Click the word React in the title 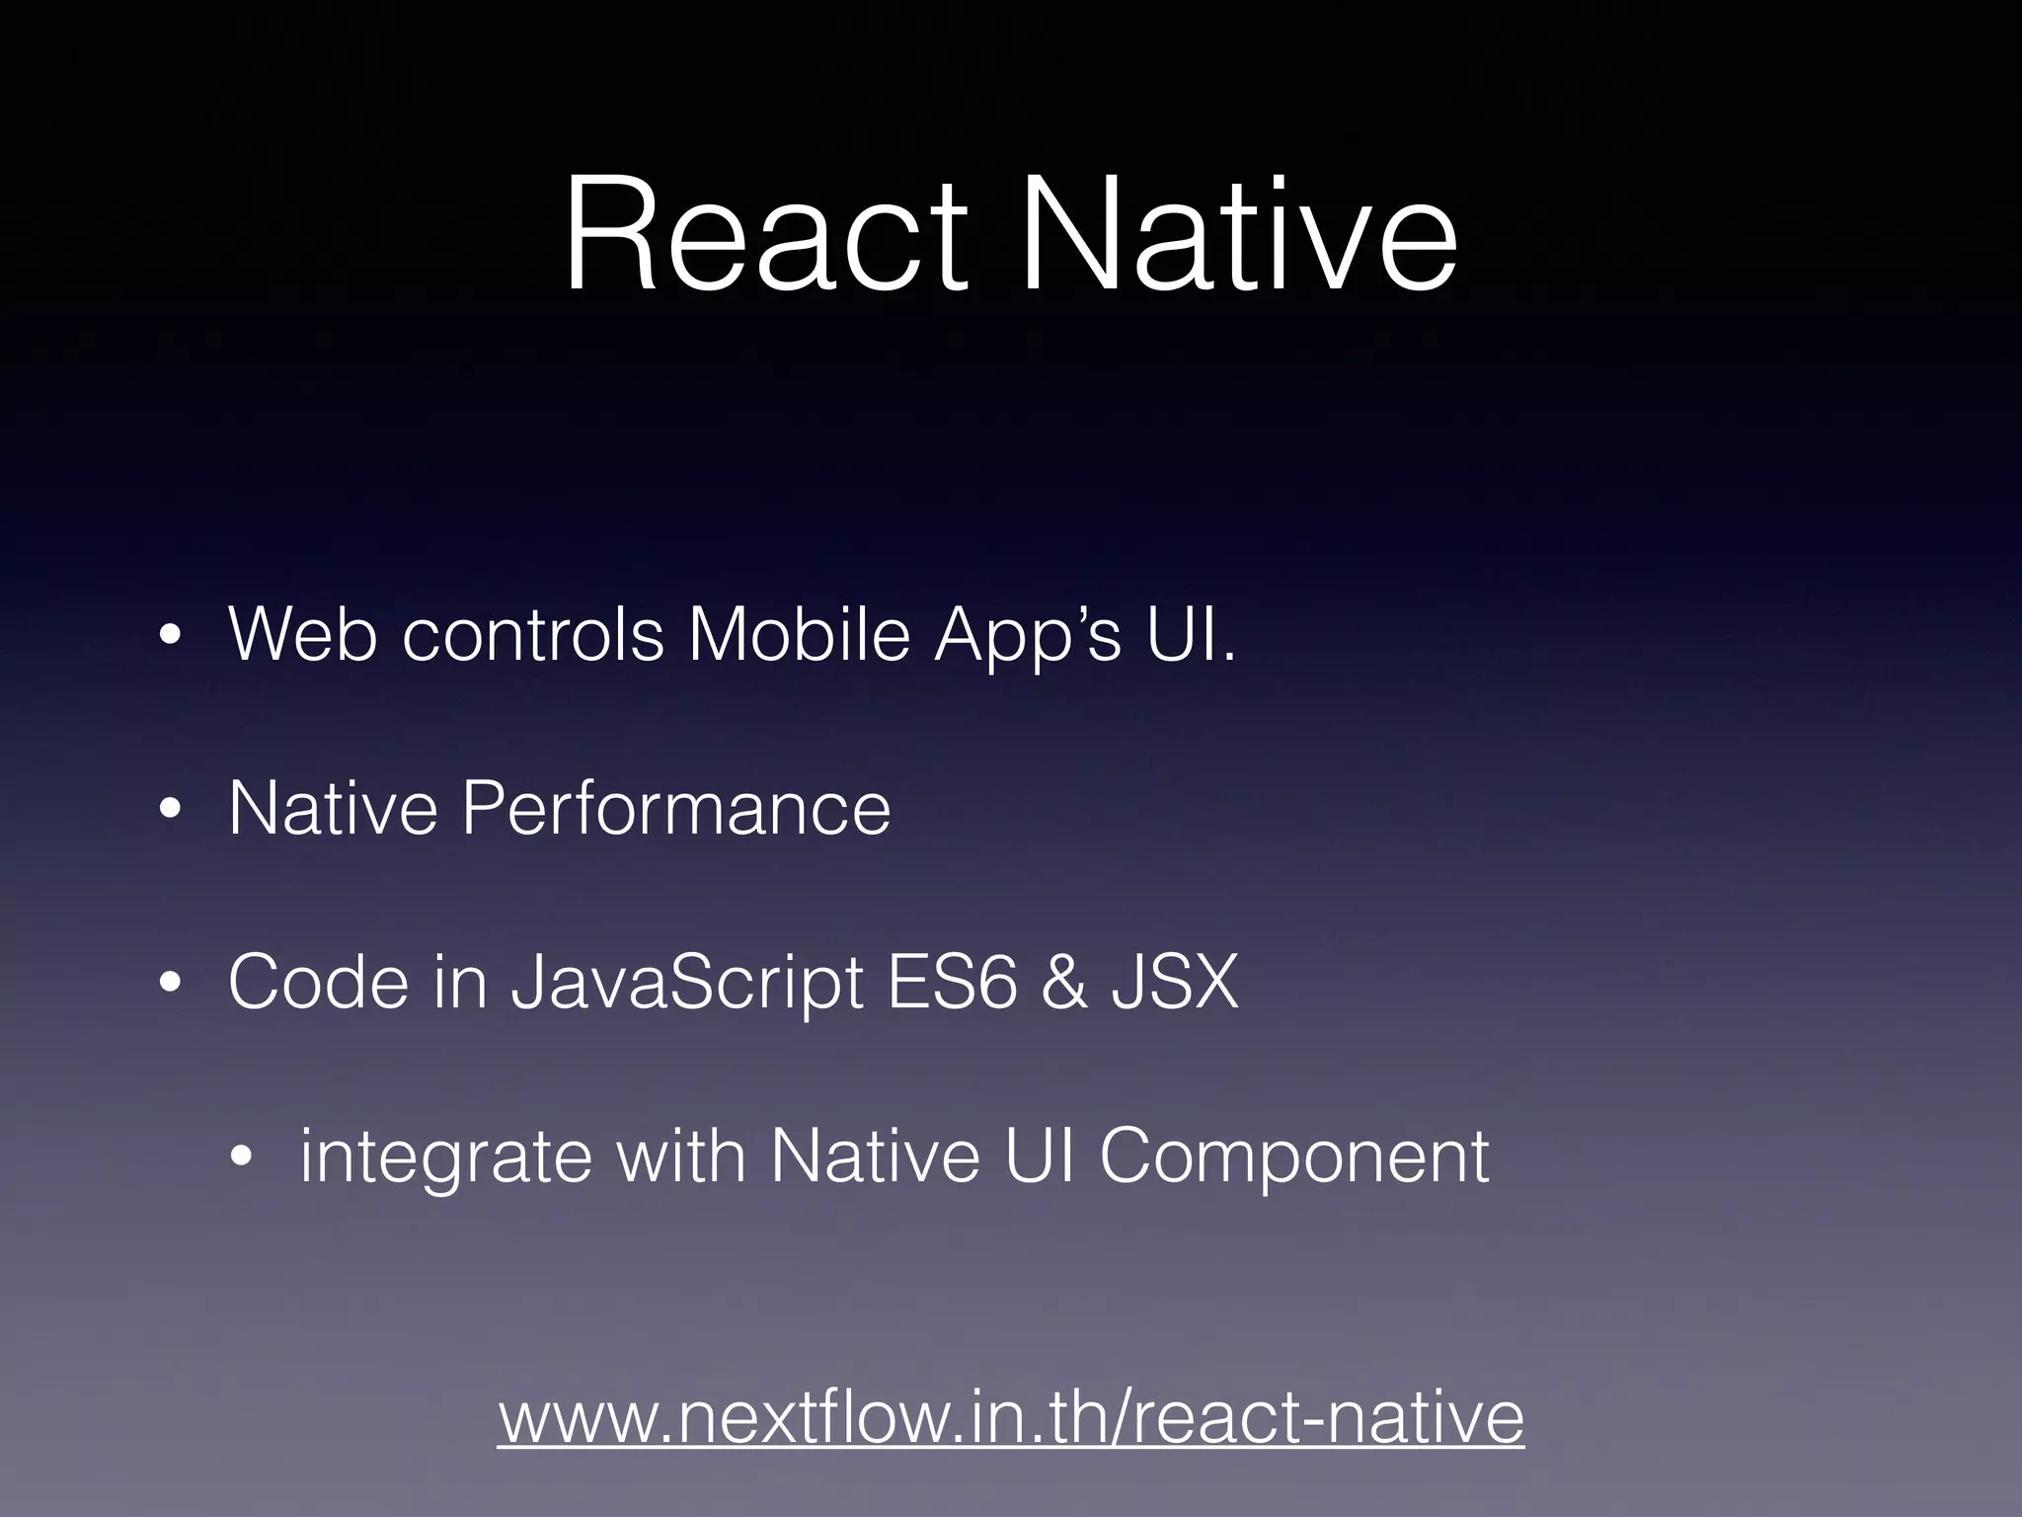[766, 237]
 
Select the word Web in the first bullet [302, 634]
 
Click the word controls [533, 634]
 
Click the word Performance [676, 809]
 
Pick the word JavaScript [687, 986]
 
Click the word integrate [445, 1158]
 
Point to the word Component [1293, 1158]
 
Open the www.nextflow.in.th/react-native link [1011, 1418]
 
